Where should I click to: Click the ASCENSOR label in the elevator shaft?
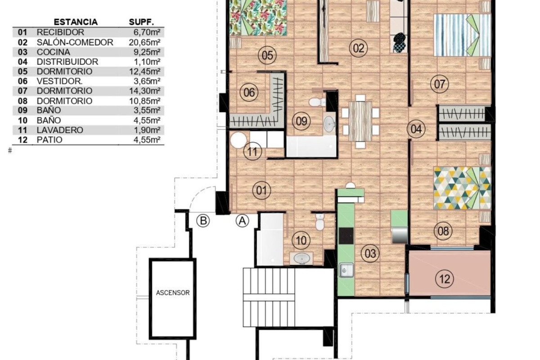click(173, 293)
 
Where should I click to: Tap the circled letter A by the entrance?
click(242, 220)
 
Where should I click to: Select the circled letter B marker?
click(203, 220)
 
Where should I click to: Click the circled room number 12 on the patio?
click(445, 279)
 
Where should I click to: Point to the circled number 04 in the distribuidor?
click(416, 129)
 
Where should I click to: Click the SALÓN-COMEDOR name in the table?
click(75, 42)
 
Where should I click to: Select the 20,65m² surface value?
click(144, 42)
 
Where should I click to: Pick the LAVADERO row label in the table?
click(60, 130)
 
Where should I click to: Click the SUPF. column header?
click(141, 22)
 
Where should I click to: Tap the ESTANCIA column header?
click(76, 22)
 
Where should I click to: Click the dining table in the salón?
click(360, 121)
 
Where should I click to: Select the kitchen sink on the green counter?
click(346, 270)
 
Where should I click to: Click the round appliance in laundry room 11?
click(238, 140)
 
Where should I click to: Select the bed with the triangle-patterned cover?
click(463, 188)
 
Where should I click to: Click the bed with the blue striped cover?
click(463, 35)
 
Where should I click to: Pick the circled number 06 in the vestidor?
click(249, 92)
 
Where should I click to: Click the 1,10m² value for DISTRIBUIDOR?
click(147, 62)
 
